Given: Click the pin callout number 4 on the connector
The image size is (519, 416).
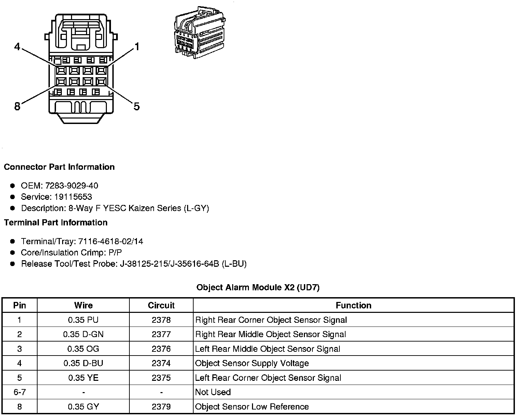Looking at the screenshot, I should coord(17,46).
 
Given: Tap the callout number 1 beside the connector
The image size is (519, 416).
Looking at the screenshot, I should coord(137,46).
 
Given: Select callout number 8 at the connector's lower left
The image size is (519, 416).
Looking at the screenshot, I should coord(17,107).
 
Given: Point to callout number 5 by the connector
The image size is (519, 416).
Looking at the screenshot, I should coord(137,107).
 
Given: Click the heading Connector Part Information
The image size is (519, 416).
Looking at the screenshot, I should coord(59,167).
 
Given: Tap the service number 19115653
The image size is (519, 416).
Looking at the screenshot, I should coord(73,197).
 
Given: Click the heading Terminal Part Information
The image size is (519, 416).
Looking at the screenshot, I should coord(56,223).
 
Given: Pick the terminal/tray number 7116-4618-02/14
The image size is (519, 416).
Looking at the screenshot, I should coord(111,241).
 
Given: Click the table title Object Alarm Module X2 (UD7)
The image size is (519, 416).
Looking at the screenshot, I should coord(258,288).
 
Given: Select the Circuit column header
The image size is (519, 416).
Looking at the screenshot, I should coord(161,305).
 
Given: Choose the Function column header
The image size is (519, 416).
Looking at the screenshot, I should coord(353,305).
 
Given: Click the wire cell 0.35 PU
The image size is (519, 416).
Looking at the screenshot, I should coord(83,320).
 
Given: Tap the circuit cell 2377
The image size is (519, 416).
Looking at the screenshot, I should coord(161,334).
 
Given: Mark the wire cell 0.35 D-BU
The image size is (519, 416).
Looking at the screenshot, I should coord(83,363).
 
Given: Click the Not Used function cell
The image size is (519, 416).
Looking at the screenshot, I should coord(213,392).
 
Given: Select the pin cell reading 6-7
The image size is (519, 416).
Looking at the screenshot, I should coord(19,392).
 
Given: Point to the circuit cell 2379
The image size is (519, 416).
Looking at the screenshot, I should coord(161,407).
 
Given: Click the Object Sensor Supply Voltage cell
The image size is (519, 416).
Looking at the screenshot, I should coord(252,363).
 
